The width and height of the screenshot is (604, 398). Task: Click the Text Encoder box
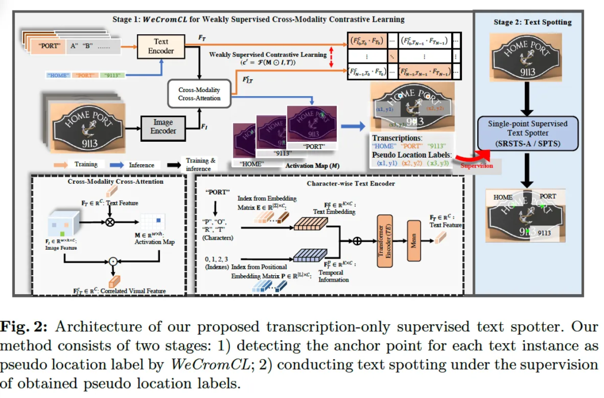pos(161,47)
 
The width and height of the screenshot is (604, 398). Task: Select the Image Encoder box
pos(163,127)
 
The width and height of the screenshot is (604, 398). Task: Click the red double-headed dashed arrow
pos(331,57)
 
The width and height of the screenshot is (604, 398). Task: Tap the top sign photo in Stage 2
pos(527,58)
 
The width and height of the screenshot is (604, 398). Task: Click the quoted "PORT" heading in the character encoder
pos(218,192)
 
